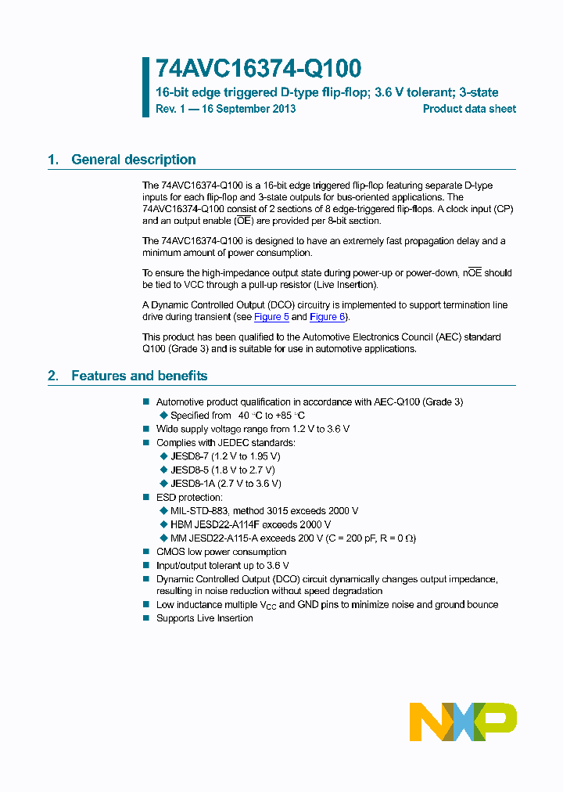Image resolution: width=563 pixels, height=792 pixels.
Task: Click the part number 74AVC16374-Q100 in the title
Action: coord(258,70)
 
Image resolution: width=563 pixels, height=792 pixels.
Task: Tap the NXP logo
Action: coord(463,722)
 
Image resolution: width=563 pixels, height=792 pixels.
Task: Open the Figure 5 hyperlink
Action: coord(271,317)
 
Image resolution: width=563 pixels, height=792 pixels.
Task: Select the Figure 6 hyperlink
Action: coord(327,317)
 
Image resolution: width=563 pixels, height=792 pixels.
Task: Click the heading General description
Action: coord(133,160)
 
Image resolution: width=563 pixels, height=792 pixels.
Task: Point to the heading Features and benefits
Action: coord(139,376)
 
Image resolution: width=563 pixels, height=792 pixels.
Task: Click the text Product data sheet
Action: coord(469,109)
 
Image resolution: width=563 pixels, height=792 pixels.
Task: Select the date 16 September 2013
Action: coord(249,109)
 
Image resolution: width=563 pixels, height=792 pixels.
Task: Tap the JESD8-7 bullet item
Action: coord(225,456)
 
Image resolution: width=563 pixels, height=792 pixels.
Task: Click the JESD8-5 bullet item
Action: coord(222,470)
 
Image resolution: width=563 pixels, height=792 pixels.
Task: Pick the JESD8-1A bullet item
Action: coord(225,484)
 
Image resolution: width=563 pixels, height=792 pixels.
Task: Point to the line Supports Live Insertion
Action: coord(205,618)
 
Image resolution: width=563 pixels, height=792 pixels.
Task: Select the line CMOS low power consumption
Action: coord(221,552)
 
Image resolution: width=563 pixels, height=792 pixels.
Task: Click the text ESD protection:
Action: coord(189,497)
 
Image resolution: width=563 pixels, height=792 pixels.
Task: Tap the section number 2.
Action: coord(52,376)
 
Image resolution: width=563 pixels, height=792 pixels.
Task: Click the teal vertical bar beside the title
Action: coord(145,87)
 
